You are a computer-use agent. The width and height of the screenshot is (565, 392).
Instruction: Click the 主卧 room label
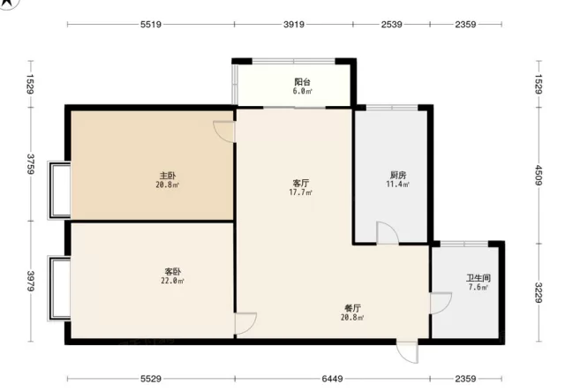[x=168, y=176]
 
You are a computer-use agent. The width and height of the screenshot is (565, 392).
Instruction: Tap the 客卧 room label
[x=173, y=271]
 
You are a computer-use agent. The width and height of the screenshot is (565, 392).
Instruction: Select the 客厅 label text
[x=301, y=183]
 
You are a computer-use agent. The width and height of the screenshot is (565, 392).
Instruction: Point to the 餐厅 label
[x=352, y=308]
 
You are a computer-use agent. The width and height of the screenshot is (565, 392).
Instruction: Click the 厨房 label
[x=398, y=175]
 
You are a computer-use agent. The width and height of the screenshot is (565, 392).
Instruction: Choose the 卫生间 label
[x=478, y=278]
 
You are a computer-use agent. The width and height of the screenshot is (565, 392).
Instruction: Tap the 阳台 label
[x=302, y=82]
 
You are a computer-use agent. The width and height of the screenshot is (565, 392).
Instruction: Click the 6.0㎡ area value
[x=302, y=91]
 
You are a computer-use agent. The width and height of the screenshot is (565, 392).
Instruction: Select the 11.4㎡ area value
[x=398, y=185]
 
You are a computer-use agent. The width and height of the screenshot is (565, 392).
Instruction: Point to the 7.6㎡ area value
[x=478, y=287]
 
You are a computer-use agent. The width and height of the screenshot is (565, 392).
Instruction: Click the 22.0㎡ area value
[x=173, y=281]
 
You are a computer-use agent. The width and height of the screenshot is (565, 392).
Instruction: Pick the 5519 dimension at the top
[x=151, y=25]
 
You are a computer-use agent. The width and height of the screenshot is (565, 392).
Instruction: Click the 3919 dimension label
[x=294, y=25]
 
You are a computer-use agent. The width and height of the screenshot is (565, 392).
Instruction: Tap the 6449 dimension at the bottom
[x=332, y=379]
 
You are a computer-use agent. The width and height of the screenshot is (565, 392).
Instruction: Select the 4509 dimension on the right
[x=539, y=175]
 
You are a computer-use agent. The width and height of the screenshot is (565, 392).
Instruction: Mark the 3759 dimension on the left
[x=31, y=164]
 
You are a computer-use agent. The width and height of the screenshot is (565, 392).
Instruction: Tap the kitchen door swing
[x=388, y=233]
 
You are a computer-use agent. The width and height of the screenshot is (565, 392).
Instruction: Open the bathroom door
[x=441, y=303]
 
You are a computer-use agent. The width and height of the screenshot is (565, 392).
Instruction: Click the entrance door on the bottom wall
[x=408, y=351]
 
